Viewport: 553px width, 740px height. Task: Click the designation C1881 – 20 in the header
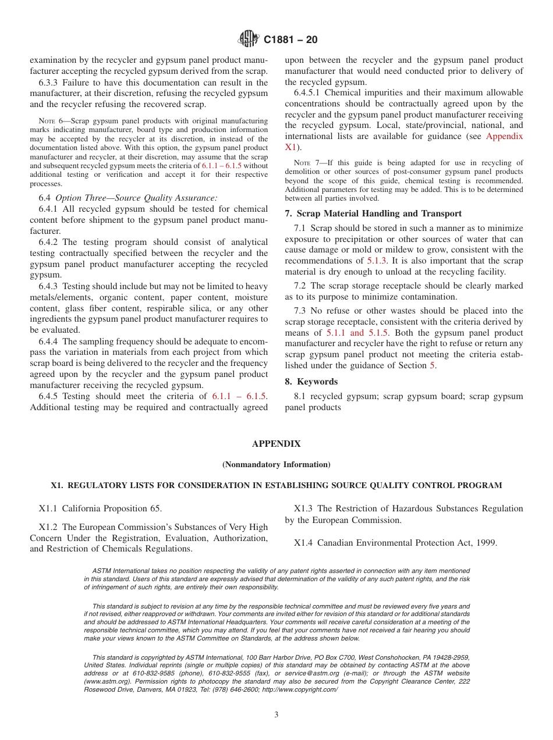click(x=290, y=40)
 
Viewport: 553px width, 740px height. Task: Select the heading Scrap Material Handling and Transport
click(x=379, y=214)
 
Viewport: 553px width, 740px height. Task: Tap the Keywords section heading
click(x=317, y=382)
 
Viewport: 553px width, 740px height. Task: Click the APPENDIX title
click(x=276, y=444)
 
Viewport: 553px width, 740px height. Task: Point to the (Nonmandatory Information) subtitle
click(x=276, y=464)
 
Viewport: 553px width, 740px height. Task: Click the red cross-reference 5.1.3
click(x=375, y=261)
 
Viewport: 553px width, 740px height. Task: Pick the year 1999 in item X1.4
click(x=486, y=543)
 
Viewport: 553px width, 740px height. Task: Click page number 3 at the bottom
click(x=276, y=714)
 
